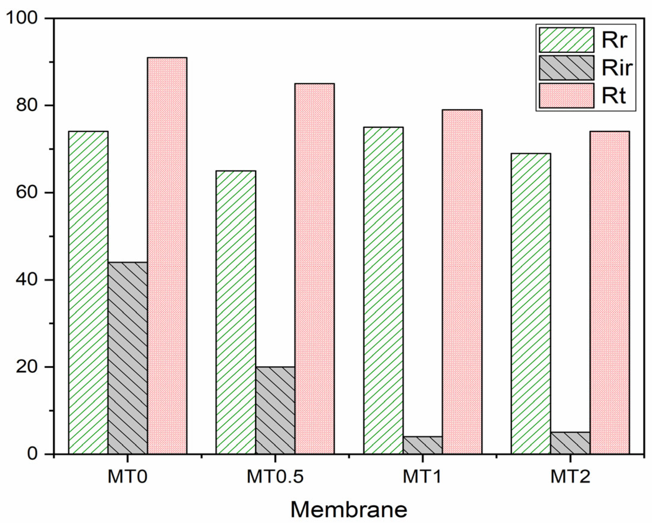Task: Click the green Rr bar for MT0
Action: (88, 292)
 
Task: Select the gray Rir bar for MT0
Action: (128, 358)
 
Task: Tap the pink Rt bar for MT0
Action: (167, 255)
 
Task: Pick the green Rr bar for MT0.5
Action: (236, 312)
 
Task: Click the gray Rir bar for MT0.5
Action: (275, 410)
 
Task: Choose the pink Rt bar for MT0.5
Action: (314, 269)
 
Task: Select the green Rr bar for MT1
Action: (383, 290)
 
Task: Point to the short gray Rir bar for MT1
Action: (423, 445)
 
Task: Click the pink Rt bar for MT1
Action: (462, 282)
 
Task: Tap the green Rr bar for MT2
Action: (531, 304)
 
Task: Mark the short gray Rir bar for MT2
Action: (570, 443)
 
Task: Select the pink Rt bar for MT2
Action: (610, 292)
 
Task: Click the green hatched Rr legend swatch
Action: (567, 40)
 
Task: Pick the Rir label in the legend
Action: (617, 68)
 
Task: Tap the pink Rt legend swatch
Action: (567, 96)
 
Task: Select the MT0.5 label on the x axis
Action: (275, 477)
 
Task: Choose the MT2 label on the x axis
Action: (570, 477)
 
